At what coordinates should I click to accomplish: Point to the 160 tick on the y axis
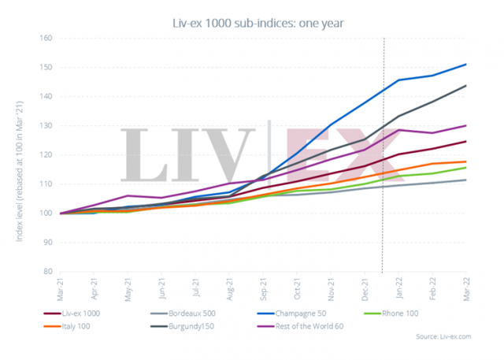46,38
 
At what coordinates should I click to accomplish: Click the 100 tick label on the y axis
46,213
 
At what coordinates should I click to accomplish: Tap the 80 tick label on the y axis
47,272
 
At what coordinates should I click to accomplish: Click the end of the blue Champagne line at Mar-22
466,65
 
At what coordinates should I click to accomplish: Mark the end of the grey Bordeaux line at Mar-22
466,180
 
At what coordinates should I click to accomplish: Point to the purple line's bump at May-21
128,195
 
